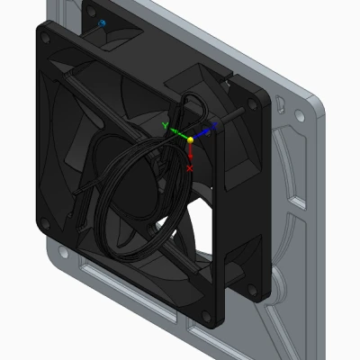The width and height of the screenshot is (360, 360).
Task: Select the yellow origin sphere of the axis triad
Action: [x=190, y=139]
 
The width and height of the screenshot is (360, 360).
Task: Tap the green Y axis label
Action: [x=164, y=127]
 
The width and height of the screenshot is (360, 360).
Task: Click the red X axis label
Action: [x=190, y=167]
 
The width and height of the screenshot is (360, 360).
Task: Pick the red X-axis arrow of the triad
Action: [x=190, y=155]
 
